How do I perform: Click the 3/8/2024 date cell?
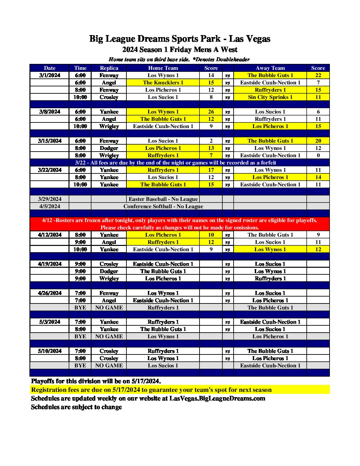(x=50, y=112)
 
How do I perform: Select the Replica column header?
(x=109, y=68)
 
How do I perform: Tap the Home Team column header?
(x=163, y=68)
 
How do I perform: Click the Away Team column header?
(x=270, y=68)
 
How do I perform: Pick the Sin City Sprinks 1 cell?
(x=270, y=97)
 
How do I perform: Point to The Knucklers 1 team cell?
(x=163, y=83)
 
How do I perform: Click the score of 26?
(x=211, y=112)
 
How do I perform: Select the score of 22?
(x=318, y=75)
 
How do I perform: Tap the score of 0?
(x=318, y=156)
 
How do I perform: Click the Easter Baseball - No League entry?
(x=163, y=199)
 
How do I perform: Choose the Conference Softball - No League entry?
(x=163, y=207)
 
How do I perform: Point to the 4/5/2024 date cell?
(x=50, y=207)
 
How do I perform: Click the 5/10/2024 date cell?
(x=50, y=351)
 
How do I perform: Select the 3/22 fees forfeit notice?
(x=175, y=163)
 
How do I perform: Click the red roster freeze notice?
(x=180, y=224)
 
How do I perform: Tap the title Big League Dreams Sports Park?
(x=180, y=39)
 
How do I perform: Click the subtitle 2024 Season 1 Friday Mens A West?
(x=180, y=50)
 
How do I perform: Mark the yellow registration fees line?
(x=151, y=390)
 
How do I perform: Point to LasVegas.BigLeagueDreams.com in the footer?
(x=217, y=398)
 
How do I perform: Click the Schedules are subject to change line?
(x=76, y=407)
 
